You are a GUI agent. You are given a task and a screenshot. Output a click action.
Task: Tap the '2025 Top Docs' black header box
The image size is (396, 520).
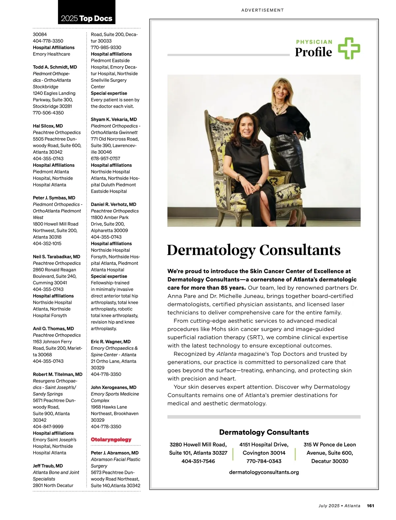(86, 13)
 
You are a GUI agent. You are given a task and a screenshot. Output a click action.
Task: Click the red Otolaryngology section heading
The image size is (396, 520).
(111, 439)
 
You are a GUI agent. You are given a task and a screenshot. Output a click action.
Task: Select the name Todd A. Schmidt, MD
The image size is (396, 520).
(55, 67)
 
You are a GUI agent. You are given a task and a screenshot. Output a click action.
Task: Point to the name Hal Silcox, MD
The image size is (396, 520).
(48, 126)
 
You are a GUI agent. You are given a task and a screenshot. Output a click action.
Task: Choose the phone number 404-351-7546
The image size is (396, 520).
(198, 461)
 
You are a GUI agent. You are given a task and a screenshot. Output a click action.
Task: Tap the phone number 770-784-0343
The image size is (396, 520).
(264, 461)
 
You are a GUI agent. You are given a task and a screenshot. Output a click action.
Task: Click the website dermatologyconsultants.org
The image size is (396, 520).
(264, 472)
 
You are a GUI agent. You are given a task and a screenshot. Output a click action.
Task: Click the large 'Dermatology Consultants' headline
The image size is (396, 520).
(253, 250)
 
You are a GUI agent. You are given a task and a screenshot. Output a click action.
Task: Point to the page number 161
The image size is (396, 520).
(370, 505)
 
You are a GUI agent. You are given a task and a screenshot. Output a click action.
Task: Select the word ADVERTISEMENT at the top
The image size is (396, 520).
(262, 10)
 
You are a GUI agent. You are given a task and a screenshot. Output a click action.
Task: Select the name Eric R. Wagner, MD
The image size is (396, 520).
(111, 341)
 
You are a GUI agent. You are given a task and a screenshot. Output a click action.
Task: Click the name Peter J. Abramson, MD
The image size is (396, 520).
(115, 453)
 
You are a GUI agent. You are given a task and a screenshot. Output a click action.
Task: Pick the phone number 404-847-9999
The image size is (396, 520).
(48, 426)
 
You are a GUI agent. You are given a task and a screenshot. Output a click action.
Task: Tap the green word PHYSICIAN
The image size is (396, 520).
(314, 42)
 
